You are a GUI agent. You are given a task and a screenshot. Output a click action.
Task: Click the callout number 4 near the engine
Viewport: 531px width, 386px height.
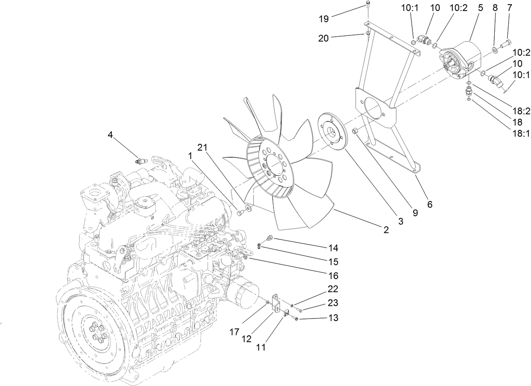click(110, 135)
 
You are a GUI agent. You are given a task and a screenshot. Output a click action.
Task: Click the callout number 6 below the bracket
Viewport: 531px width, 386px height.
click(429, 205)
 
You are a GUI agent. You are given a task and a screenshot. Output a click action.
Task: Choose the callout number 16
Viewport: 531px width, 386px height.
click(333, 276)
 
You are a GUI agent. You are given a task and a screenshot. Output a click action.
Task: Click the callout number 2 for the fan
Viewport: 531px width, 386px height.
click(386, 230)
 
